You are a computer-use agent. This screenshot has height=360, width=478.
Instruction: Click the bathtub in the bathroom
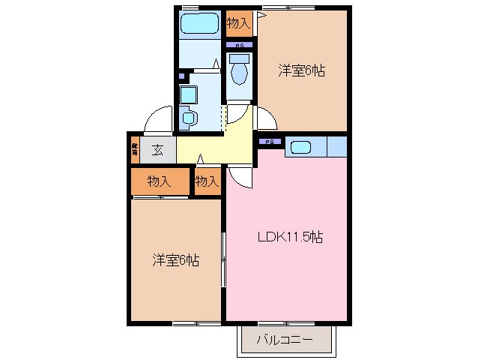[x=200, y=22]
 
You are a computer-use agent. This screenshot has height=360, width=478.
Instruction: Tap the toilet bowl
[x=240, y=73]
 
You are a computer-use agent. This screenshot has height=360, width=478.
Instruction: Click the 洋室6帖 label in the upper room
[x=302, y=71]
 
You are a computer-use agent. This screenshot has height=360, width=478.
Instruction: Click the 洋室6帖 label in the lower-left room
[x=176, y=261]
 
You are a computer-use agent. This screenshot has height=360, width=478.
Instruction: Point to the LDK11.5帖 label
[x=291, y=238]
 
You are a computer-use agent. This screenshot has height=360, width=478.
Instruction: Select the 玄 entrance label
[x=158, y=149]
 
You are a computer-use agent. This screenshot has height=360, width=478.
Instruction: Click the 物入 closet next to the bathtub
[x=238, y=23]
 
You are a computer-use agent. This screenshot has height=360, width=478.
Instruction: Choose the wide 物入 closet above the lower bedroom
[x=159, y=181]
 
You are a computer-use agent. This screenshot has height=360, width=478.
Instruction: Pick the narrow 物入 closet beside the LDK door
[x=207, y=181]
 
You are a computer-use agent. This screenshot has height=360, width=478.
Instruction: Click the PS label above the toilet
[x=239, y=46]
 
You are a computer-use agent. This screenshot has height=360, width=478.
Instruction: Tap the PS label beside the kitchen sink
[x=270, y=141]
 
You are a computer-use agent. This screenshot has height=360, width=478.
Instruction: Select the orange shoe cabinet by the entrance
[x=134, y=148]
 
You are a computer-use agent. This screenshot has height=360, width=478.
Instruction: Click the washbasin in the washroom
[x=190, y=118]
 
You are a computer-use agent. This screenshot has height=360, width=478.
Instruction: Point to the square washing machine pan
[x=188, y=94]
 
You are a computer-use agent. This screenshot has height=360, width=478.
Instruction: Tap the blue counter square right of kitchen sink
[x=337, y=147]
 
